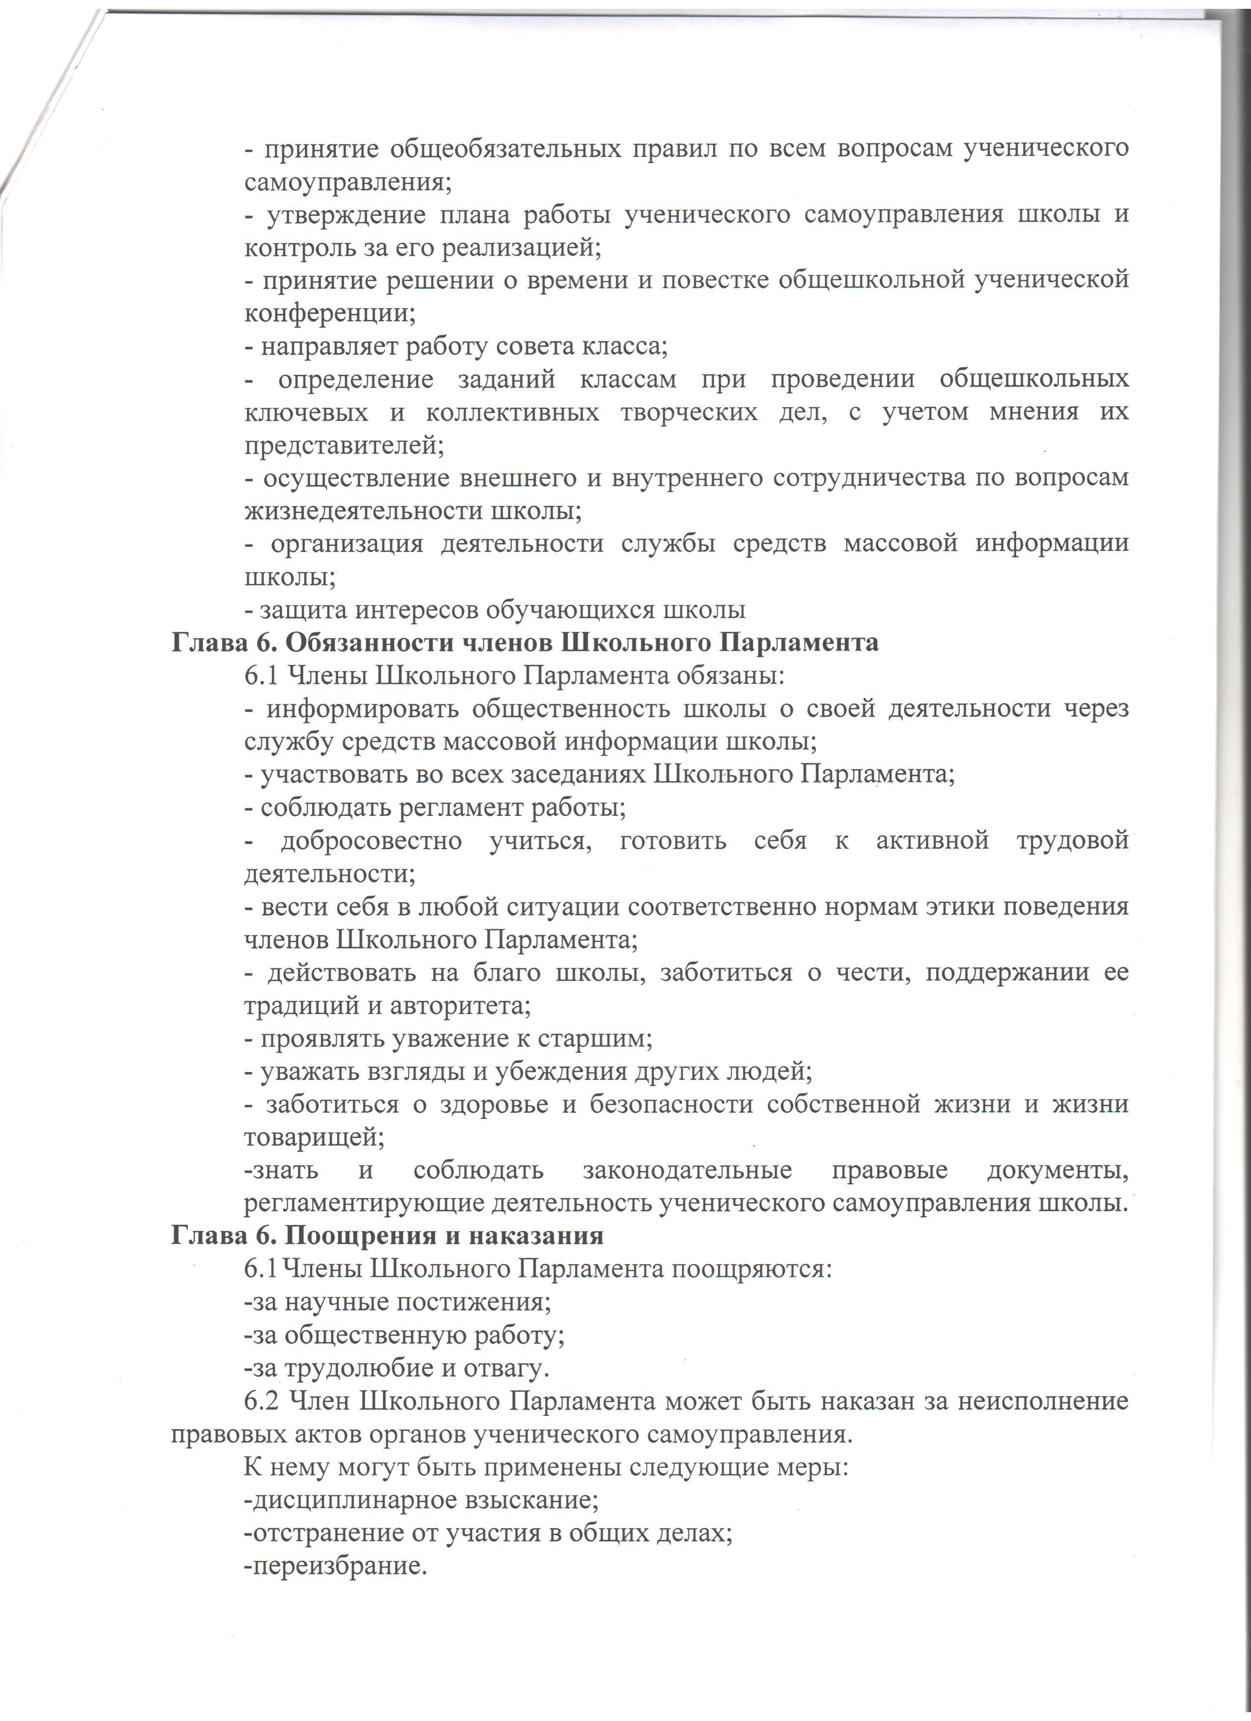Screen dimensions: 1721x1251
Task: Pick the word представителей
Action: [344, 445]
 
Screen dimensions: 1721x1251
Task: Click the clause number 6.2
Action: [262, 1402]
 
